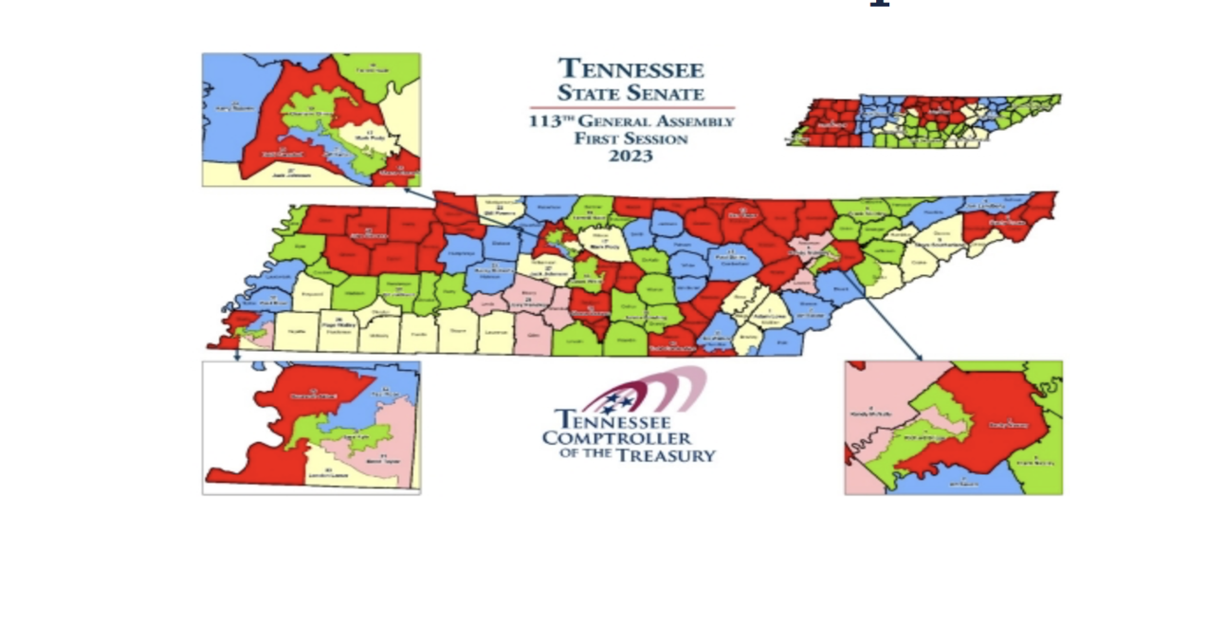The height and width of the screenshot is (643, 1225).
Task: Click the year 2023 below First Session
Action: tap(631, 156)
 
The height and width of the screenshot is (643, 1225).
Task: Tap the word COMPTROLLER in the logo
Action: tap(616, 438)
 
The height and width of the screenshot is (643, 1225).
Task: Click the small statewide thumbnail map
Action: tap(923, 120)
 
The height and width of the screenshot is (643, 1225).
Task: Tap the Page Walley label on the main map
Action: tap(337, 323)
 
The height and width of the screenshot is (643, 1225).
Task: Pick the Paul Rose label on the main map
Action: tap(273, 302)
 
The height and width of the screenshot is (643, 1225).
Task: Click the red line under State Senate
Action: tap(631, 108)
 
